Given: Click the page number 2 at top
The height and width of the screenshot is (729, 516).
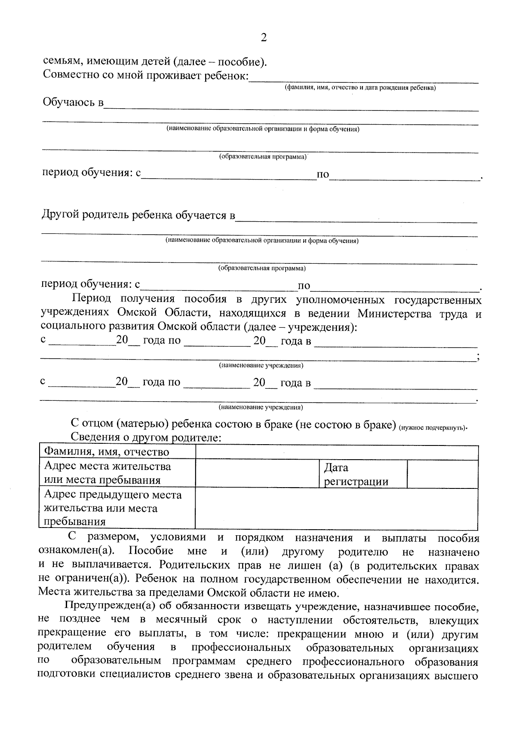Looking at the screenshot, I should (x=264, y=38).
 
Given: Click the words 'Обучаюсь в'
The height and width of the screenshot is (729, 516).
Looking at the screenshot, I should (x=74, y=103).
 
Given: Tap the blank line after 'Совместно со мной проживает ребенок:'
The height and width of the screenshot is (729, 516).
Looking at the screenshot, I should (x=364, y=79).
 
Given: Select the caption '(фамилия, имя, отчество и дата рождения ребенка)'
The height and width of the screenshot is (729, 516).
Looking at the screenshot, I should (x=360, y=88).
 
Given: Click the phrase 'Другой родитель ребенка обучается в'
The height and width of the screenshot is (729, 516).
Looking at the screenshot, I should (x=138, y=215).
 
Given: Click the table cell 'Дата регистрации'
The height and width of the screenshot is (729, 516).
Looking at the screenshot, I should (x=356, y=474).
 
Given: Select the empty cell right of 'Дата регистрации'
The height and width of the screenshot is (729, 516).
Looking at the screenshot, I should (x=442, y=474).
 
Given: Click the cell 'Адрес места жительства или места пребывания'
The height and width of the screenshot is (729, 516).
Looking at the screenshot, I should (x=107, y=473).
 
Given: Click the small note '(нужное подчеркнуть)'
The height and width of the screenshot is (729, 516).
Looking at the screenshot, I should (x=433, y=427).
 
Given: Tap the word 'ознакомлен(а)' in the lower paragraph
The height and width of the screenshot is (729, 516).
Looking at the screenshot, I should (x=76, y=552).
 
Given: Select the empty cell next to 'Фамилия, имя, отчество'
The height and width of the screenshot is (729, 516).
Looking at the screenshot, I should (x=337, y=452).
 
